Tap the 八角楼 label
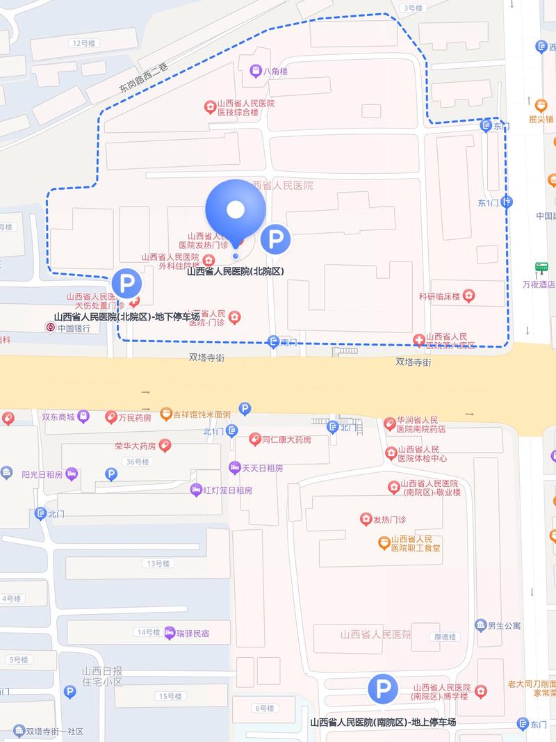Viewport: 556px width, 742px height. tap(276, 72)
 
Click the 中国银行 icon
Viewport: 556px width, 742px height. tap(50, 328)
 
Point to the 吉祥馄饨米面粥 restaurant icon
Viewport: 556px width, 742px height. tap(165, 414)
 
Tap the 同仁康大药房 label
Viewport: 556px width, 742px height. tap(286, 440)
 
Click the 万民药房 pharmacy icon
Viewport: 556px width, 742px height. tap(111, 417)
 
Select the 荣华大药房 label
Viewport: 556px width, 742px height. tap(136, 446)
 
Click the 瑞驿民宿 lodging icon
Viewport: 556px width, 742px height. tap(170, 633)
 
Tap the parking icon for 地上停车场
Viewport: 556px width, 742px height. tap(382, 688)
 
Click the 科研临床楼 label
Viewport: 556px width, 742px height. tap(439, 297)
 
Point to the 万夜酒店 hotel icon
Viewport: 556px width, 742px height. tap(541, 268)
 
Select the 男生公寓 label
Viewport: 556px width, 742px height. tap(504, 626)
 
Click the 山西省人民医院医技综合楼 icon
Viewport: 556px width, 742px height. tap(209, 107)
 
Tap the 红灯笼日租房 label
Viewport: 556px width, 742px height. tap(227, 490)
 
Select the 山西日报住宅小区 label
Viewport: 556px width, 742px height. tap(102, 677)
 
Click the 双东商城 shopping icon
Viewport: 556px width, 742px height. tap(83, 417)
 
